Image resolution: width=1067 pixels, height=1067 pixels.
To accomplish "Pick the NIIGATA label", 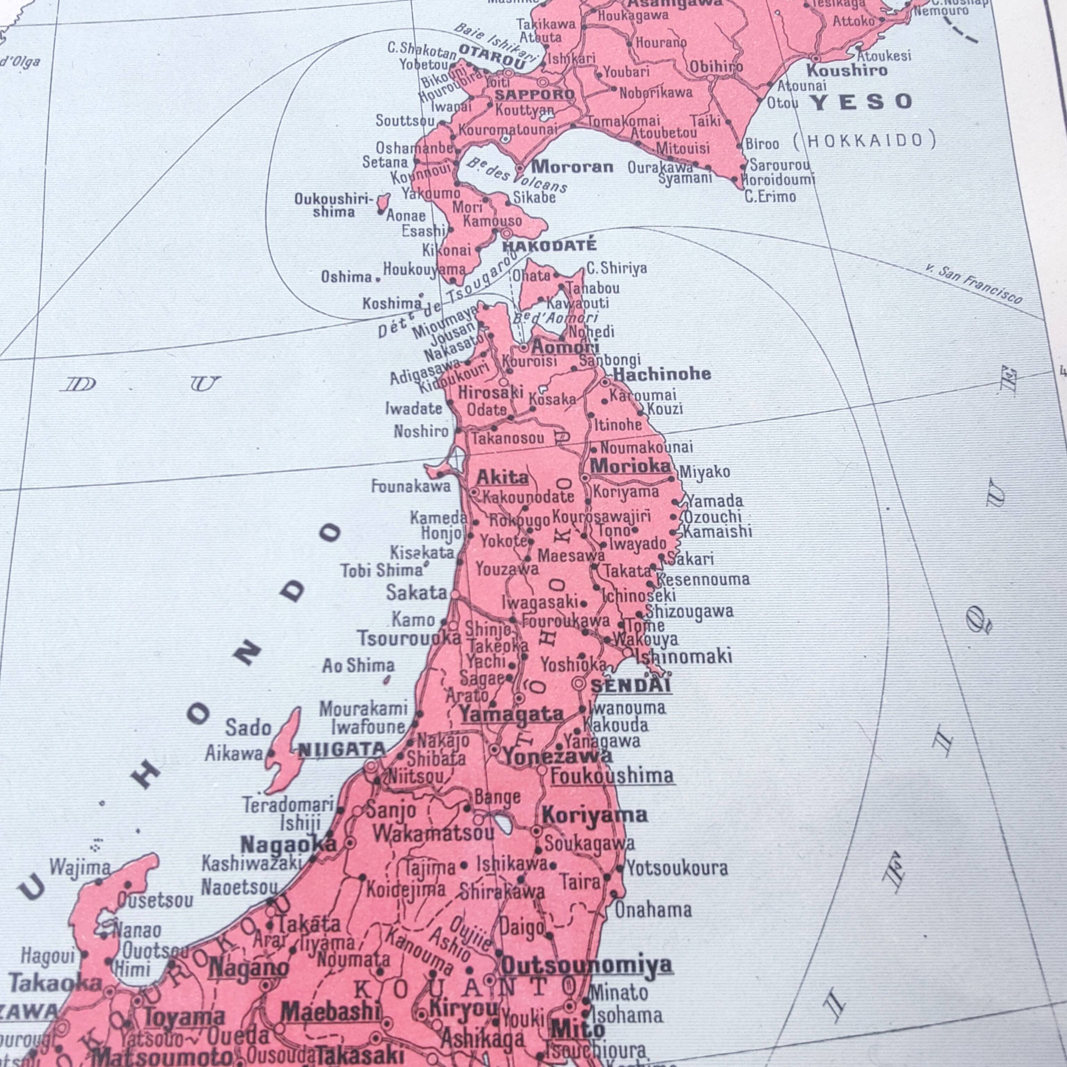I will (x=342, y=750).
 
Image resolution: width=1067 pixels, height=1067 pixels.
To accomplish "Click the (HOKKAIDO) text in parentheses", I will (x=865, y=140).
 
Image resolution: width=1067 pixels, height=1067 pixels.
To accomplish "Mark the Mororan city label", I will (x=572, y=166).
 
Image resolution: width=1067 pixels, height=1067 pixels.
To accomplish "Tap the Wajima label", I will (x=80, y=868).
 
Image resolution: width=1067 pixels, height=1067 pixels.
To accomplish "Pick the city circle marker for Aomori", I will (x=523, y=348).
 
